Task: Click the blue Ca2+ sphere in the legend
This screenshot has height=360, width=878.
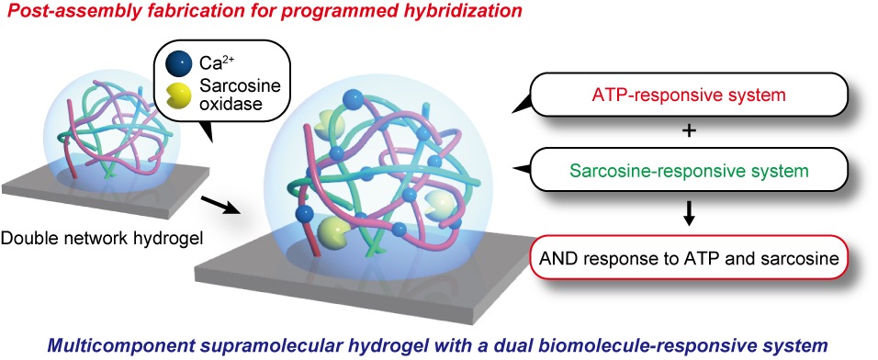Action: (174, 63)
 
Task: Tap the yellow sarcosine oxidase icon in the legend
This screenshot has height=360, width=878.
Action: (175, 91)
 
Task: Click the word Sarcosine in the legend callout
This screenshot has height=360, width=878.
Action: (236, 85)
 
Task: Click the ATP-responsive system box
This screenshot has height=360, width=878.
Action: (690, 94)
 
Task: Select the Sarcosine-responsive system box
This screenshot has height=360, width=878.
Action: (690, 169)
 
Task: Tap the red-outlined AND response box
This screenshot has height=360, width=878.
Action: (690, 258)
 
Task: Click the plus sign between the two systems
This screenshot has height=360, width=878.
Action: (690, 131)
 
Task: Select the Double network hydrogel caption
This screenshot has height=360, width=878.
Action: (102, 239)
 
